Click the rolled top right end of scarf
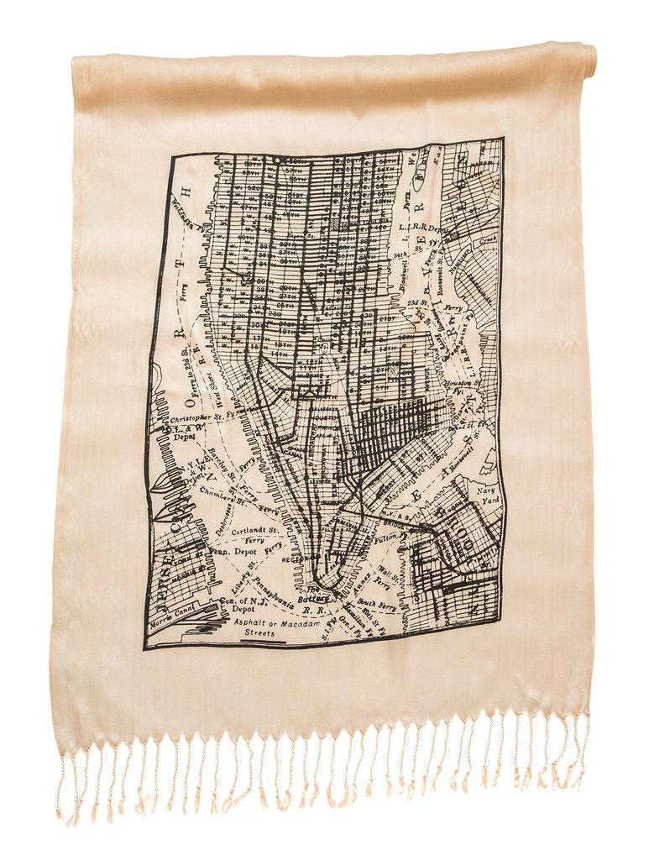pyautogui.click(x=588, y=60)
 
